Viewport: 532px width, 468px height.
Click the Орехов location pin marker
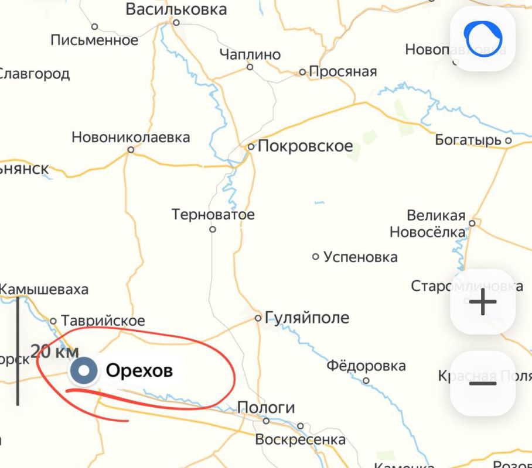point(84,370)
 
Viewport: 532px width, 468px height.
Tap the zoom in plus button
point(483,302)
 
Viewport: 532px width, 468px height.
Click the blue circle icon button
point(483,39)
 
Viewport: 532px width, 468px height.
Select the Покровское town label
point(305,146)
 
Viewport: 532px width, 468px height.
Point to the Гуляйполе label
point(307,318)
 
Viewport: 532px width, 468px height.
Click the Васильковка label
point(176,9)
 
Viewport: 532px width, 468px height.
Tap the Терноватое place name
point(213,215)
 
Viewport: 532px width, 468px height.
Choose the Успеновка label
point(360,257)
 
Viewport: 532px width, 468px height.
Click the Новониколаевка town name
point(131,137)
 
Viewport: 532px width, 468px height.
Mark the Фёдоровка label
point(366,366)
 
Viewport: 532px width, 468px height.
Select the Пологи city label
point(266,408)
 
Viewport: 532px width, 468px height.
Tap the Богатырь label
point(469,140)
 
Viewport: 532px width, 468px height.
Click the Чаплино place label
point(250,54)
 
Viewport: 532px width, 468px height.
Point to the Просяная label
point(343,72)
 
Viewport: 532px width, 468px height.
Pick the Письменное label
point(95,40)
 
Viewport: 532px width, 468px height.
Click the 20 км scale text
point(54,352)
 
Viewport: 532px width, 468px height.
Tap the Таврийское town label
point(103,321)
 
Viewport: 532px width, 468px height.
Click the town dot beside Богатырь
point(508,140)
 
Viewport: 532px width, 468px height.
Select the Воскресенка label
point(300,440)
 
